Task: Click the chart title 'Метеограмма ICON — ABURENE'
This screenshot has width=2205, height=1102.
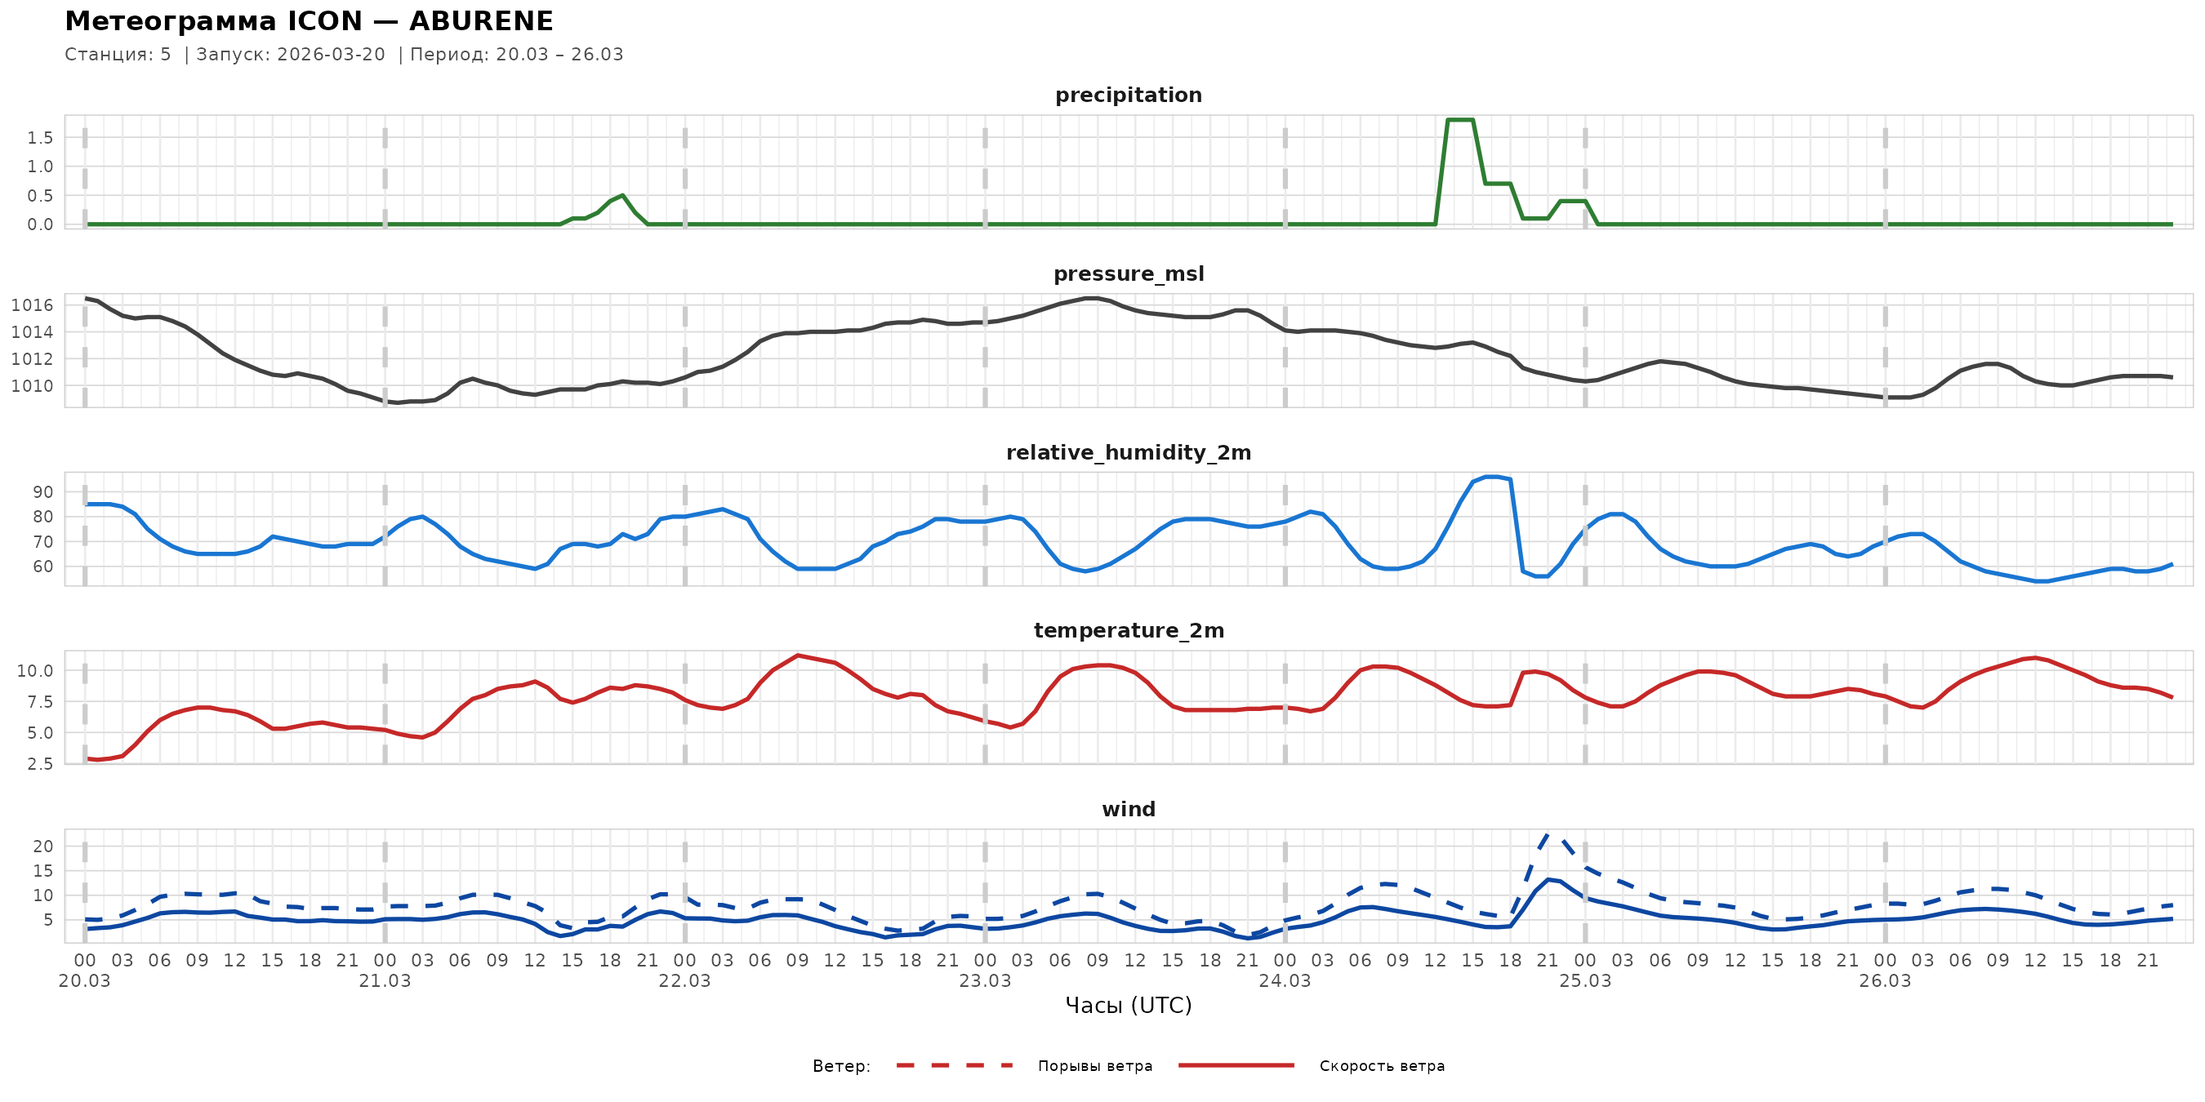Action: click(309, 20)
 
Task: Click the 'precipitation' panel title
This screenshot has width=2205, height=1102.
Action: click(1128, 95)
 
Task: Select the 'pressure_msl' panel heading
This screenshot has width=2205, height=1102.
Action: click(1128, 273)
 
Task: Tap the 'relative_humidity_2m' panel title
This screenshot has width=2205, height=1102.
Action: click(1128, 452)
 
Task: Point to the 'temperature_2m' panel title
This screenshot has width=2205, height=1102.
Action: click(1128, 630)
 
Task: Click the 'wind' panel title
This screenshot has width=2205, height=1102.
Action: click(1128, 810)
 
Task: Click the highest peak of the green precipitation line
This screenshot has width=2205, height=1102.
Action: click(1459, 120)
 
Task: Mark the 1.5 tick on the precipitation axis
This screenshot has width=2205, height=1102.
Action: click(39, 138)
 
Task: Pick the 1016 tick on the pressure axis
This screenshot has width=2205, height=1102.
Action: click(32, 305)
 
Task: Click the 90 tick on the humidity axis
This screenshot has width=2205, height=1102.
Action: click(42, 492)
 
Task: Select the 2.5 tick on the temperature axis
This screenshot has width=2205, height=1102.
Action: click(39, 764)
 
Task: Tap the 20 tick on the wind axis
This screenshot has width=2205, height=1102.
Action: click(42, 846)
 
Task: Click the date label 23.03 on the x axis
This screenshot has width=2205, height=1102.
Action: click(984, 981)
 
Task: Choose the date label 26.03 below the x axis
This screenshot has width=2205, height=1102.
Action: click(1885, 981)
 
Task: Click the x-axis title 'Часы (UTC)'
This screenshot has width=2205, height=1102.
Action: click(1128, 1006)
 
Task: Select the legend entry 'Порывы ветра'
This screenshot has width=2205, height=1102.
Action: click(1095, 1066)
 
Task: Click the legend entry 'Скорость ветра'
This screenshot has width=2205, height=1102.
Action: click(1382, 1066)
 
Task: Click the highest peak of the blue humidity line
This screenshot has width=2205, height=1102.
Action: click(1491, 477)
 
